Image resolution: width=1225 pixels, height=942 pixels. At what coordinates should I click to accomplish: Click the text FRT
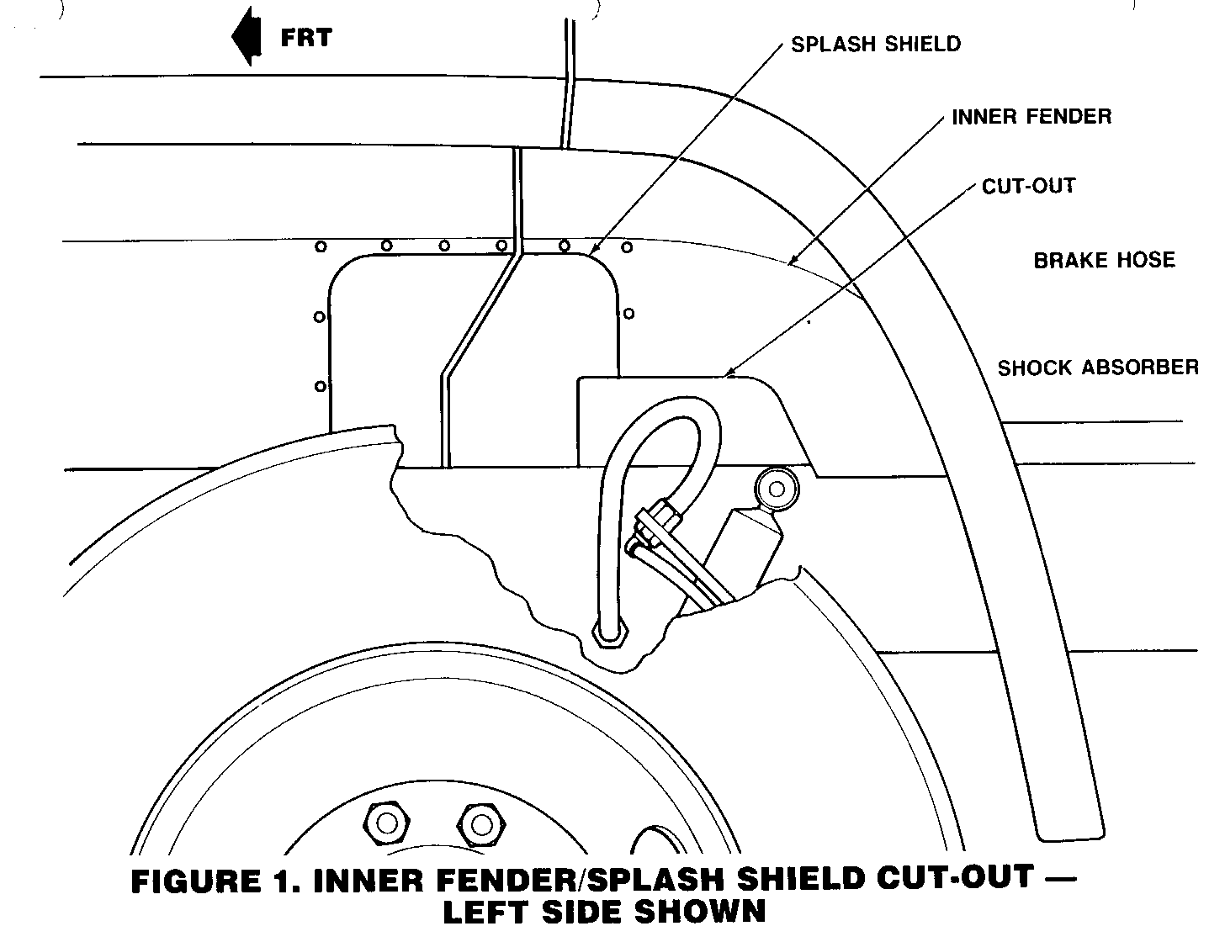pos(305,38)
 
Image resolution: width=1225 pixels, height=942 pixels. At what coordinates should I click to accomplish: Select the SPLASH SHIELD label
pos(875,44)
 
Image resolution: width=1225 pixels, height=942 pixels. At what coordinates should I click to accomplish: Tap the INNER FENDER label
pos(1031,116)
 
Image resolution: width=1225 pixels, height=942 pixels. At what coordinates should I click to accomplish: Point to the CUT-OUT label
pos(1028,185)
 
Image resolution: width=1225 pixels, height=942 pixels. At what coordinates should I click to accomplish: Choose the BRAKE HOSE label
pos(1104,260)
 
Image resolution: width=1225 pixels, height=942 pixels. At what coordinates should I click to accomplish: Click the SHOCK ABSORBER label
pos(1098,368)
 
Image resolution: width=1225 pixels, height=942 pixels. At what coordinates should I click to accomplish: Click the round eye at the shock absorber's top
pos(775,488)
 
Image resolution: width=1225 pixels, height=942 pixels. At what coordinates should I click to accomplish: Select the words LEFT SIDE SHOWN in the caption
pos(604,913)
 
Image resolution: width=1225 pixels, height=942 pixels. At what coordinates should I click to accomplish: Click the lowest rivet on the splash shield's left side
pos(320,387)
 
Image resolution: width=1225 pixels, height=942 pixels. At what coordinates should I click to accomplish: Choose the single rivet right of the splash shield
pos(629,315)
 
